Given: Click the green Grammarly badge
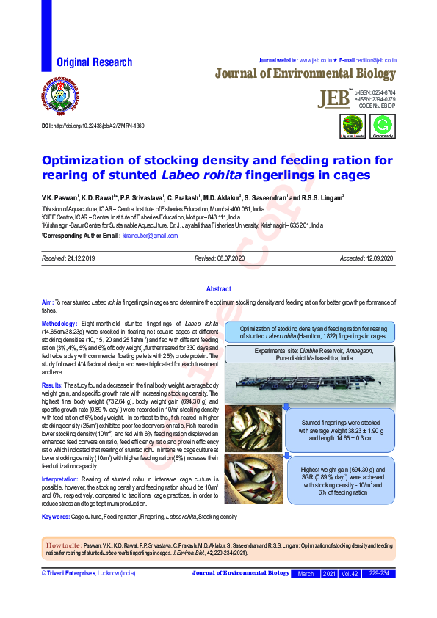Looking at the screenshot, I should (x=383, y=126).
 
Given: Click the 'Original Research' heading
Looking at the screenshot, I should (x=95, y=63).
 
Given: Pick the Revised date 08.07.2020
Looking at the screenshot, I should (x=231, y=259).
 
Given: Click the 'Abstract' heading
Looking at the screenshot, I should (x=219, y=290).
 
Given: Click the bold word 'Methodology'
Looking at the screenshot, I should (x=59, y=324).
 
